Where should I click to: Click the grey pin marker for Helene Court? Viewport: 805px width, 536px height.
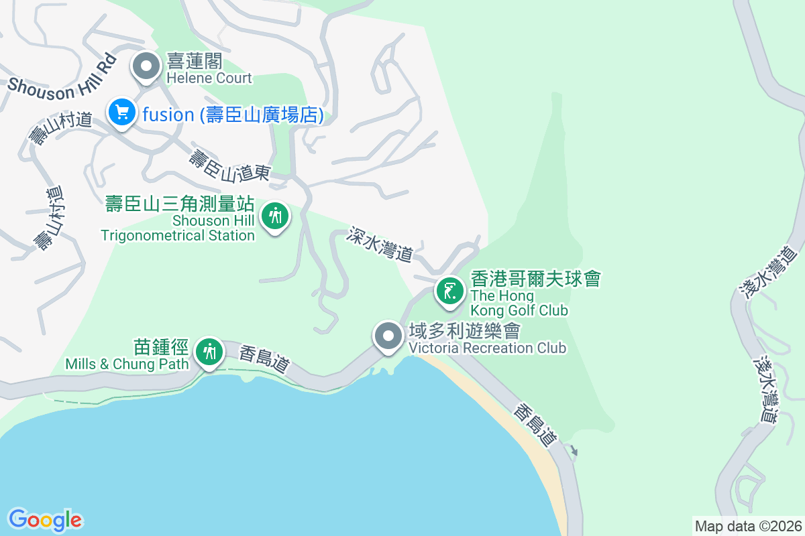pyautogui.click(x=146, y=66)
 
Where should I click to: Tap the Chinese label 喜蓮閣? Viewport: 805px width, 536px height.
pyautogui.click(x=194, y=62)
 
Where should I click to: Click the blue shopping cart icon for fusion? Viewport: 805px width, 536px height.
pyautogui.click(x=122, y=112)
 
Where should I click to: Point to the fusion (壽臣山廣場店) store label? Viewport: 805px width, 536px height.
pyautogui.click(x=233, y=115)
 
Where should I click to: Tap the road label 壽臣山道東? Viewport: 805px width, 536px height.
pyautogui.click(x=229, y=166)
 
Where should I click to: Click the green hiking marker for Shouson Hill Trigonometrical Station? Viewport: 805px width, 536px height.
pyautogui.click(x=274, y=216)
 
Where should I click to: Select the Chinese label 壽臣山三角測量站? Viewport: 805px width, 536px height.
pyautogui.click(x=180, y=204)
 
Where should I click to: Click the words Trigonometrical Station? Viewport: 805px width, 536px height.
pyautogui.click(x=178, y=235)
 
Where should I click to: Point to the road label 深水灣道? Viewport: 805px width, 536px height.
pyautogui.click(x=380, y=244)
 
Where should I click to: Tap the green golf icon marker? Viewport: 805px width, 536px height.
pyautogui.click(x=449, y=291)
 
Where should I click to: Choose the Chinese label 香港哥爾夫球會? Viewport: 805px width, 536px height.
pyautogui.click(x=535, y=279)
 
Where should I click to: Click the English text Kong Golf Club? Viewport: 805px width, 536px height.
pyautogui.click(x=519, y=310)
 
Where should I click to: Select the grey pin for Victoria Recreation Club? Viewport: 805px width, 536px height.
pyautogui.click(x=388, y=336)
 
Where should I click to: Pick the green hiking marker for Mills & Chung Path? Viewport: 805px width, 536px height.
pyautogui.click(x=210, y=350)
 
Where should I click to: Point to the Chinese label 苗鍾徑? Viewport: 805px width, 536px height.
pyautogui.click(x=162, y=346)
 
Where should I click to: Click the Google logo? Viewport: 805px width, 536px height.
pyautogui.click(x=45, y=519)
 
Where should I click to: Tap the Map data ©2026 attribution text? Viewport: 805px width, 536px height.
pyautogui.click(x=748, y=526)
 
